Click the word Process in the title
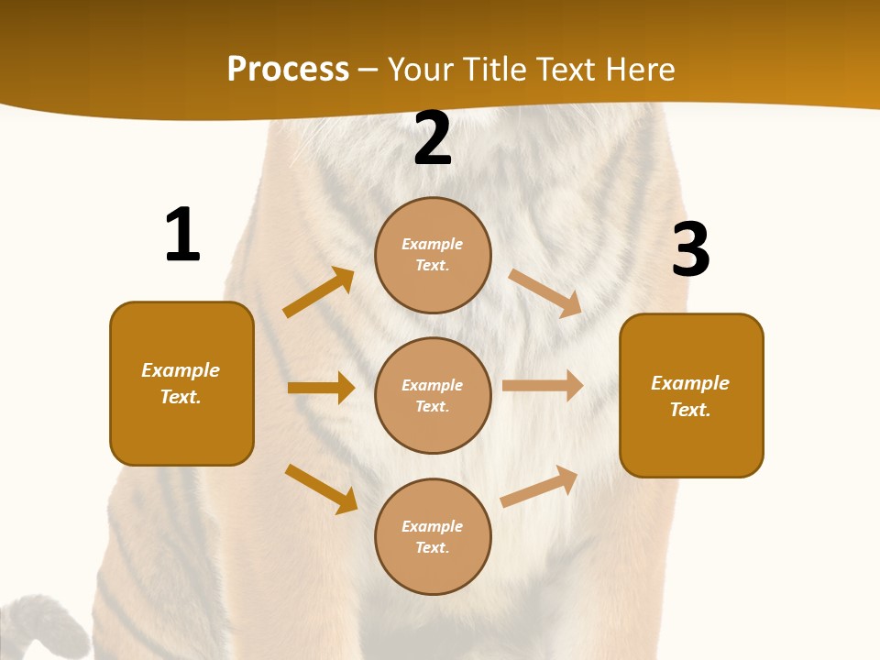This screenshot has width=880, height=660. point(288,69)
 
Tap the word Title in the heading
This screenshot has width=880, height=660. point(492,69)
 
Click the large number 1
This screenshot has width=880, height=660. point(182,235)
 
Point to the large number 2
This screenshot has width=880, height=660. point(433,138)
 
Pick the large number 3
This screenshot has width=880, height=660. point(690,250)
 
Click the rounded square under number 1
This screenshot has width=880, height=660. point(181,383)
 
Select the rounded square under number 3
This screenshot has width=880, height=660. point(691,395)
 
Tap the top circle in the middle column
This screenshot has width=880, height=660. point(433,255)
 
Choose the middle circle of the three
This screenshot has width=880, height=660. point(433,395)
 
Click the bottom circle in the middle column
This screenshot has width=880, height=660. point(433,536)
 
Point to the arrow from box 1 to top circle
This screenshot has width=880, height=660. point(318,292)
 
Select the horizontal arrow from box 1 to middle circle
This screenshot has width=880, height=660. point(321,388)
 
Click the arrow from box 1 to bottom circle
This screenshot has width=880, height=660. point(321,489)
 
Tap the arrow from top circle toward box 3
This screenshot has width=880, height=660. point(545,292)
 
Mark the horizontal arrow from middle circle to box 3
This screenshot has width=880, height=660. point(543,385)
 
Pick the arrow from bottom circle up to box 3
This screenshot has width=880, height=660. point(539,487)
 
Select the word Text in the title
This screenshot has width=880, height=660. point(567,69)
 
